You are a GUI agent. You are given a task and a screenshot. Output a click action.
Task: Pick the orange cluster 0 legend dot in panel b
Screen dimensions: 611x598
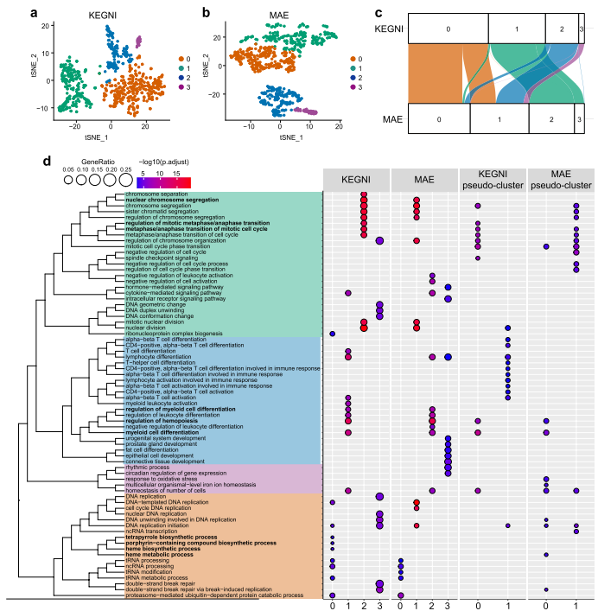[x=353, y=58]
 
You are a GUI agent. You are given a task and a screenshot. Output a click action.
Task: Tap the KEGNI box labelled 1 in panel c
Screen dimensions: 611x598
[x=517, y=30]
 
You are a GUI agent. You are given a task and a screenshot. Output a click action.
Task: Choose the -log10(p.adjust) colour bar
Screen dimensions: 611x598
[x=163, y=182]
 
